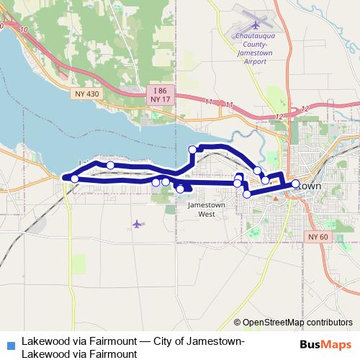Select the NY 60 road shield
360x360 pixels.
[x=318, y=237]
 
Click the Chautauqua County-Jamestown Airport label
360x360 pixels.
[x=254, y=53]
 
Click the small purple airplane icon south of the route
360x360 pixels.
[x=137, y=224]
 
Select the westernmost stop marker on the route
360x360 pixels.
[x=74, y=178]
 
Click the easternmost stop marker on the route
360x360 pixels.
[x=295, y=184]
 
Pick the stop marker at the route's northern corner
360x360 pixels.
[x=192, y=150]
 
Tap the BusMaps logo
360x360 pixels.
[x=326, y=344]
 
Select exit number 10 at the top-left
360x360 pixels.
[x=24, y=30]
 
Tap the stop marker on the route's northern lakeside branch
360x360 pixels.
[x=110, y=166]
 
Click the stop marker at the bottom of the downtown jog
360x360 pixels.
[x=247, y=194]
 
